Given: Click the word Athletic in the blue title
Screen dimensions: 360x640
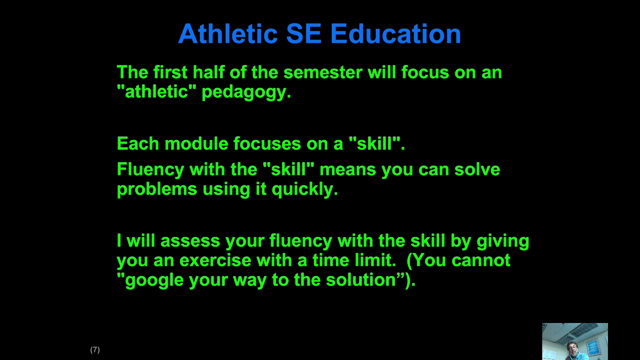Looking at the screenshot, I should pos(227,34).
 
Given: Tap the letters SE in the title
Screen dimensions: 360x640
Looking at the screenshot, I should pos(304,34).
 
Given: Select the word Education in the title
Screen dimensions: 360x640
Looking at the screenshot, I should pos(395,34).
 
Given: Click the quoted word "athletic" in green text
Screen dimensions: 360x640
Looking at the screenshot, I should pos(156,92).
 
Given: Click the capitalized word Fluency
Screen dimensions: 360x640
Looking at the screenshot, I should pos(150,170).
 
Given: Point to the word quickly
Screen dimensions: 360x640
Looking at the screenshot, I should pos(304,189).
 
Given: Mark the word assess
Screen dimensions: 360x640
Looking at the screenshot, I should pos(190,241).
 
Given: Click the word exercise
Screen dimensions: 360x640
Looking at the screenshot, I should pos(215,260).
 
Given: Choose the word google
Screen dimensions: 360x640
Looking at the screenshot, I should pos(154,280).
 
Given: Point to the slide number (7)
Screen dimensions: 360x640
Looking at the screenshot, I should pos(95,350).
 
